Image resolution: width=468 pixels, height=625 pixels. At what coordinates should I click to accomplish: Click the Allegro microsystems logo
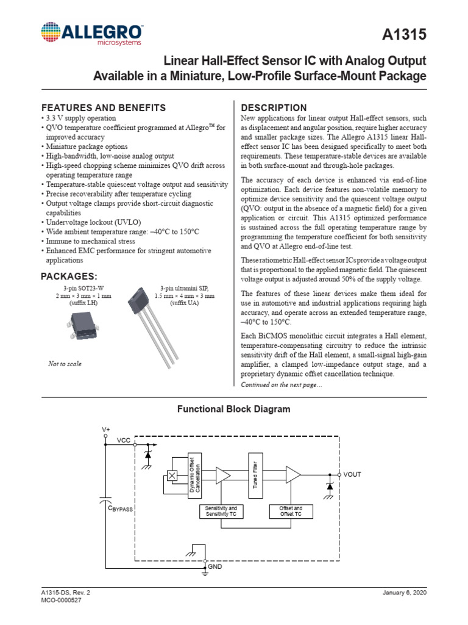pyautogui.click(x=92, y=34)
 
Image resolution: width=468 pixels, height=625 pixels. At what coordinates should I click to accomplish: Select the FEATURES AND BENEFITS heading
pyautogui.click(x=103, y=107)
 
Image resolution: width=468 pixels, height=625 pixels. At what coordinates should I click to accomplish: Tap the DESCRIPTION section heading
pyautogui.click(x=274, y=107)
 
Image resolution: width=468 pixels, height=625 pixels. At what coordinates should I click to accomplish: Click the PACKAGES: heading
pyautogui.click(x=69, y=276)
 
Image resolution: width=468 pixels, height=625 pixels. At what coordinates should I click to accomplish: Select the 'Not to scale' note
pyautogui.click(x=65, y=364)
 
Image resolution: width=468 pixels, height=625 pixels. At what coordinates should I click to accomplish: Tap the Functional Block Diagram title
pyautogui.click(x=233, y=409)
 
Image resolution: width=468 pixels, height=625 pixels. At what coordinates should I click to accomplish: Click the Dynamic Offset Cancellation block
pyautogui.click(x=194, y=475)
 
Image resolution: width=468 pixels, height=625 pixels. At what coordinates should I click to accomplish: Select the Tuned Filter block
pyautogui.click(x=255, y=475)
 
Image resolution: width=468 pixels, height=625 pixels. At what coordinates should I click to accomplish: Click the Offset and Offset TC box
pyautogui.click(x=291, y=511)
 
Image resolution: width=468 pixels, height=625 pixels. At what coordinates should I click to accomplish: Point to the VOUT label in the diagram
pyautogui.click(x=352, y=474)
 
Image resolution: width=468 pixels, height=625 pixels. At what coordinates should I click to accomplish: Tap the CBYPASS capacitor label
pyautogui.click(x=120, y=508)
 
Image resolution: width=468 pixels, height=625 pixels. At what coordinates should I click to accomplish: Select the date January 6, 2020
pyautogui.click(x=405, y=592)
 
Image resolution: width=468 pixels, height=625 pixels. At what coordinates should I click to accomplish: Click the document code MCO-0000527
pyautogui.click(x=62, y=600)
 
